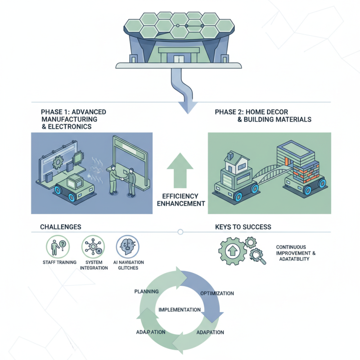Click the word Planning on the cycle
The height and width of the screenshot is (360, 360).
coord(146,292)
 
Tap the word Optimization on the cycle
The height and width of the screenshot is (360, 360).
coord(216,293)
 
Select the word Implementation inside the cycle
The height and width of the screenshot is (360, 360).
coord(180,310)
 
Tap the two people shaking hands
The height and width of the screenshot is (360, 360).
coord(122,180)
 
